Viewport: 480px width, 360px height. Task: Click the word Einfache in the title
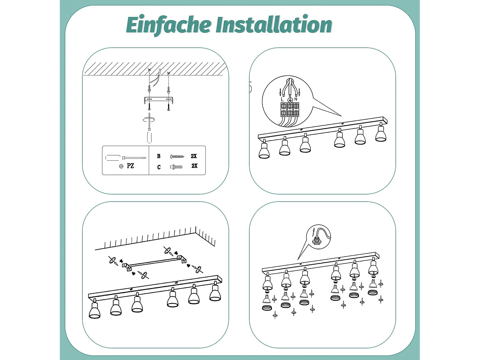click(x=169, y=25)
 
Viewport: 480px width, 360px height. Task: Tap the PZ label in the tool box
click(x=130, y=166)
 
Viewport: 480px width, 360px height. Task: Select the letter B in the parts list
click(x=159, y=156)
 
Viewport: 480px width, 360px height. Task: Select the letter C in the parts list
click(x=159, y=167)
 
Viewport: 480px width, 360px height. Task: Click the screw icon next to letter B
click(x=177, y=156)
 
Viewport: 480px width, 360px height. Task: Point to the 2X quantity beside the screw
click(x=194, y=156)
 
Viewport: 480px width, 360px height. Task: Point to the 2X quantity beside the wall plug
click(x=195, y=166)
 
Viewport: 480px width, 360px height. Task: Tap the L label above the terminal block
click(x=282, y=100)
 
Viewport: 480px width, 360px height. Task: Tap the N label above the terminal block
click(x=296, y=99)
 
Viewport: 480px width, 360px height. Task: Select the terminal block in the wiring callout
click(x=290, y=109)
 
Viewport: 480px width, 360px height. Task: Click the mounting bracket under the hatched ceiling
click(x=158, y=100)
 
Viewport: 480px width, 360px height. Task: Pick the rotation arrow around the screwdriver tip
click(x=149, y=120)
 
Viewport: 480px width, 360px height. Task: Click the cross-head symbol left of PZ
click(x=121, y=166)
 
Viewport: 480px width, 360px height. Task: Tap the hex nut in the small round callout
click(x=316, y=242)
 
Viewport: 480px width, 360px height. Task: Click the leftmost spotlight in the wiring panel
click(x=264, y=149)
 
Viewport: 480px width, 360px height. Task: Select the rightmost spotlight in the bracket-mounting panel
click(x=215, y=291)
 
